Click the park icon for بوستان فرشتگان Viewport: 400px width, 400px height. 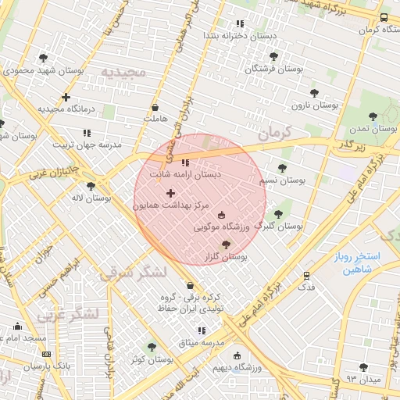coord(273,56)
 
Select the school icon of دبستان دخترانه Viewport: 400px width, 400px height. coord(240,23)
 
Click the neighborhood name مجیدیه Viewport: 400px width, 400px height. coord(123,72)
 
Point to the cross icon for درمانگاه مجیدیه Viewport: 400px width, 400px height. coord(66,98)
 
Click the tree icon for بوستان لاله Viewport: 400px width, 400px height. coord(91,186)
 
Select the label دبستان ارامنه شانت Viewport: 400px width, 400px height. coord(186,174)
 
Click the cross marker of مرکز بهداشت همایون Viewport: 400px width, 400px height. coord(171,192)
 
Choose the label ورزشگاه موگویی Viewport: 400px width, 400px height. coord(222,227)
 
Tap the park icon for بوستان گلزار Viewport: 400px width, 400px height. coord(227,244)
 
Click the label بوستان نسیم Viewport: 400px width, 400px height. coord(281,180)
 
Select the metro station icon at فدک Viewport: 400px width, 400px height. coord(306,275)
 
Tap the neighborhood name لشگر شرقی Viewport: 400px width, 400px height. coord(134,273)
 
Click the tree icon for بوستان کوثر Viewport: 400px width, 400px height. coord(152,347)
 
